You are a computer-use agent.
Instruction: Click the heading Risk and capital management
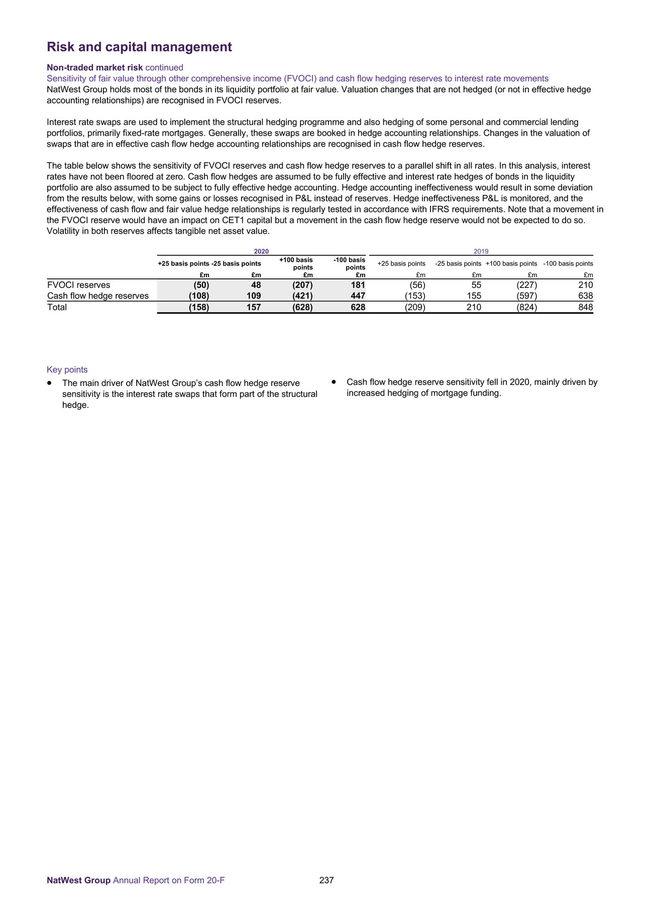139,47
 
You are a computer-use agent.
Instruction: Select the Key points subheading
67,369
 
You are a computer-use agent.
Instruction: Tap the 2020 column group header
261,251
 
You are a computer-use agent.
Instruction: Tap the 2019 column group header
481,251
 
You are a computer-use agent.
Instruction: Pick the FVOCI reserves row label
78,285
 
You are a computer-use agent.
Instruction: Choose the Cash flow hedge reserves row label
98,296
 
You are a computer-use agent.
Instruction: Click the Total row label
57,307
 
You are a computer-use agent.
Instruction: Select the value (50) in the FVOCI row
201,285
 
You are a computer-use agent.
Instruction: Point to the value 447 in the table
358,296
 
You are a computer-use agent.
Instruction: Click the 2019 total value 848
585,307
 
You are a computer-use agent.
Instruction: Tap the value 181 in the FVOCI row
358,285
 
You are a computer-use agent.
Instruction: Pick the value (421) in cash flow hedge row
302,296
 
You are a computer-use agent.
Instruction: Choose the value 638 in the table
585,296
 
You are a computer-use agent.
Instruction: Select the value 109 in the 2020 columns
254,296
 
